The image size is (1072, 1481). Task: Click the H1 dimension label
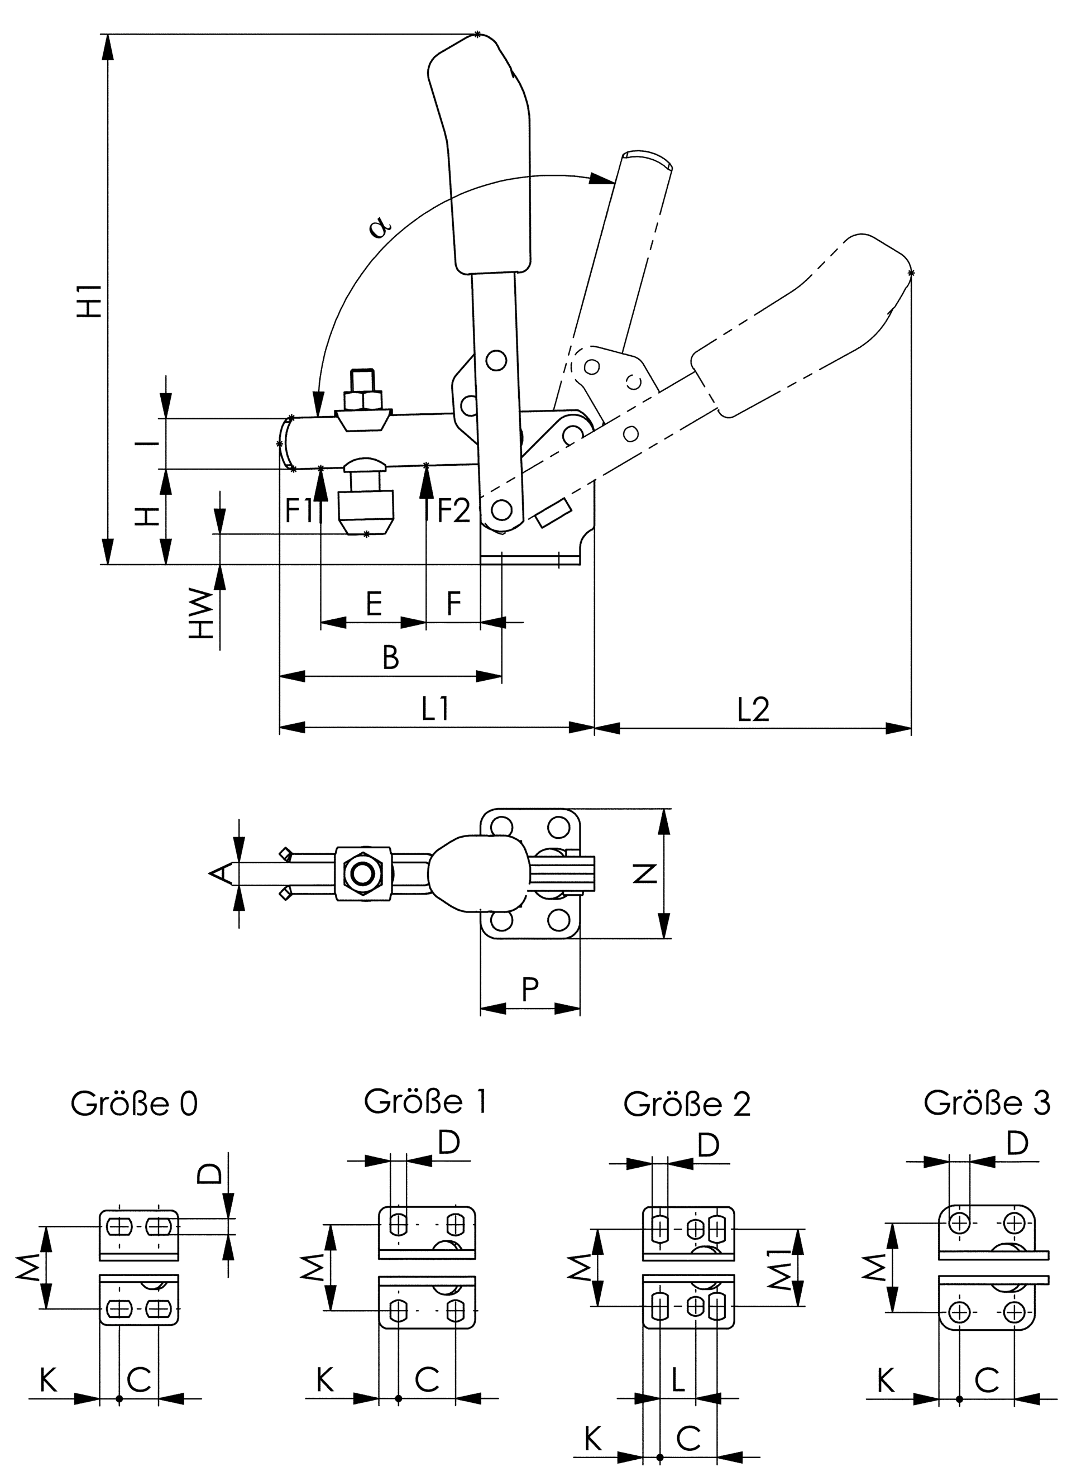tap(89, 300)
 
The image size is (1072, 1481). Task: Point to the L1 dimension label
tap(435, 709)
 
